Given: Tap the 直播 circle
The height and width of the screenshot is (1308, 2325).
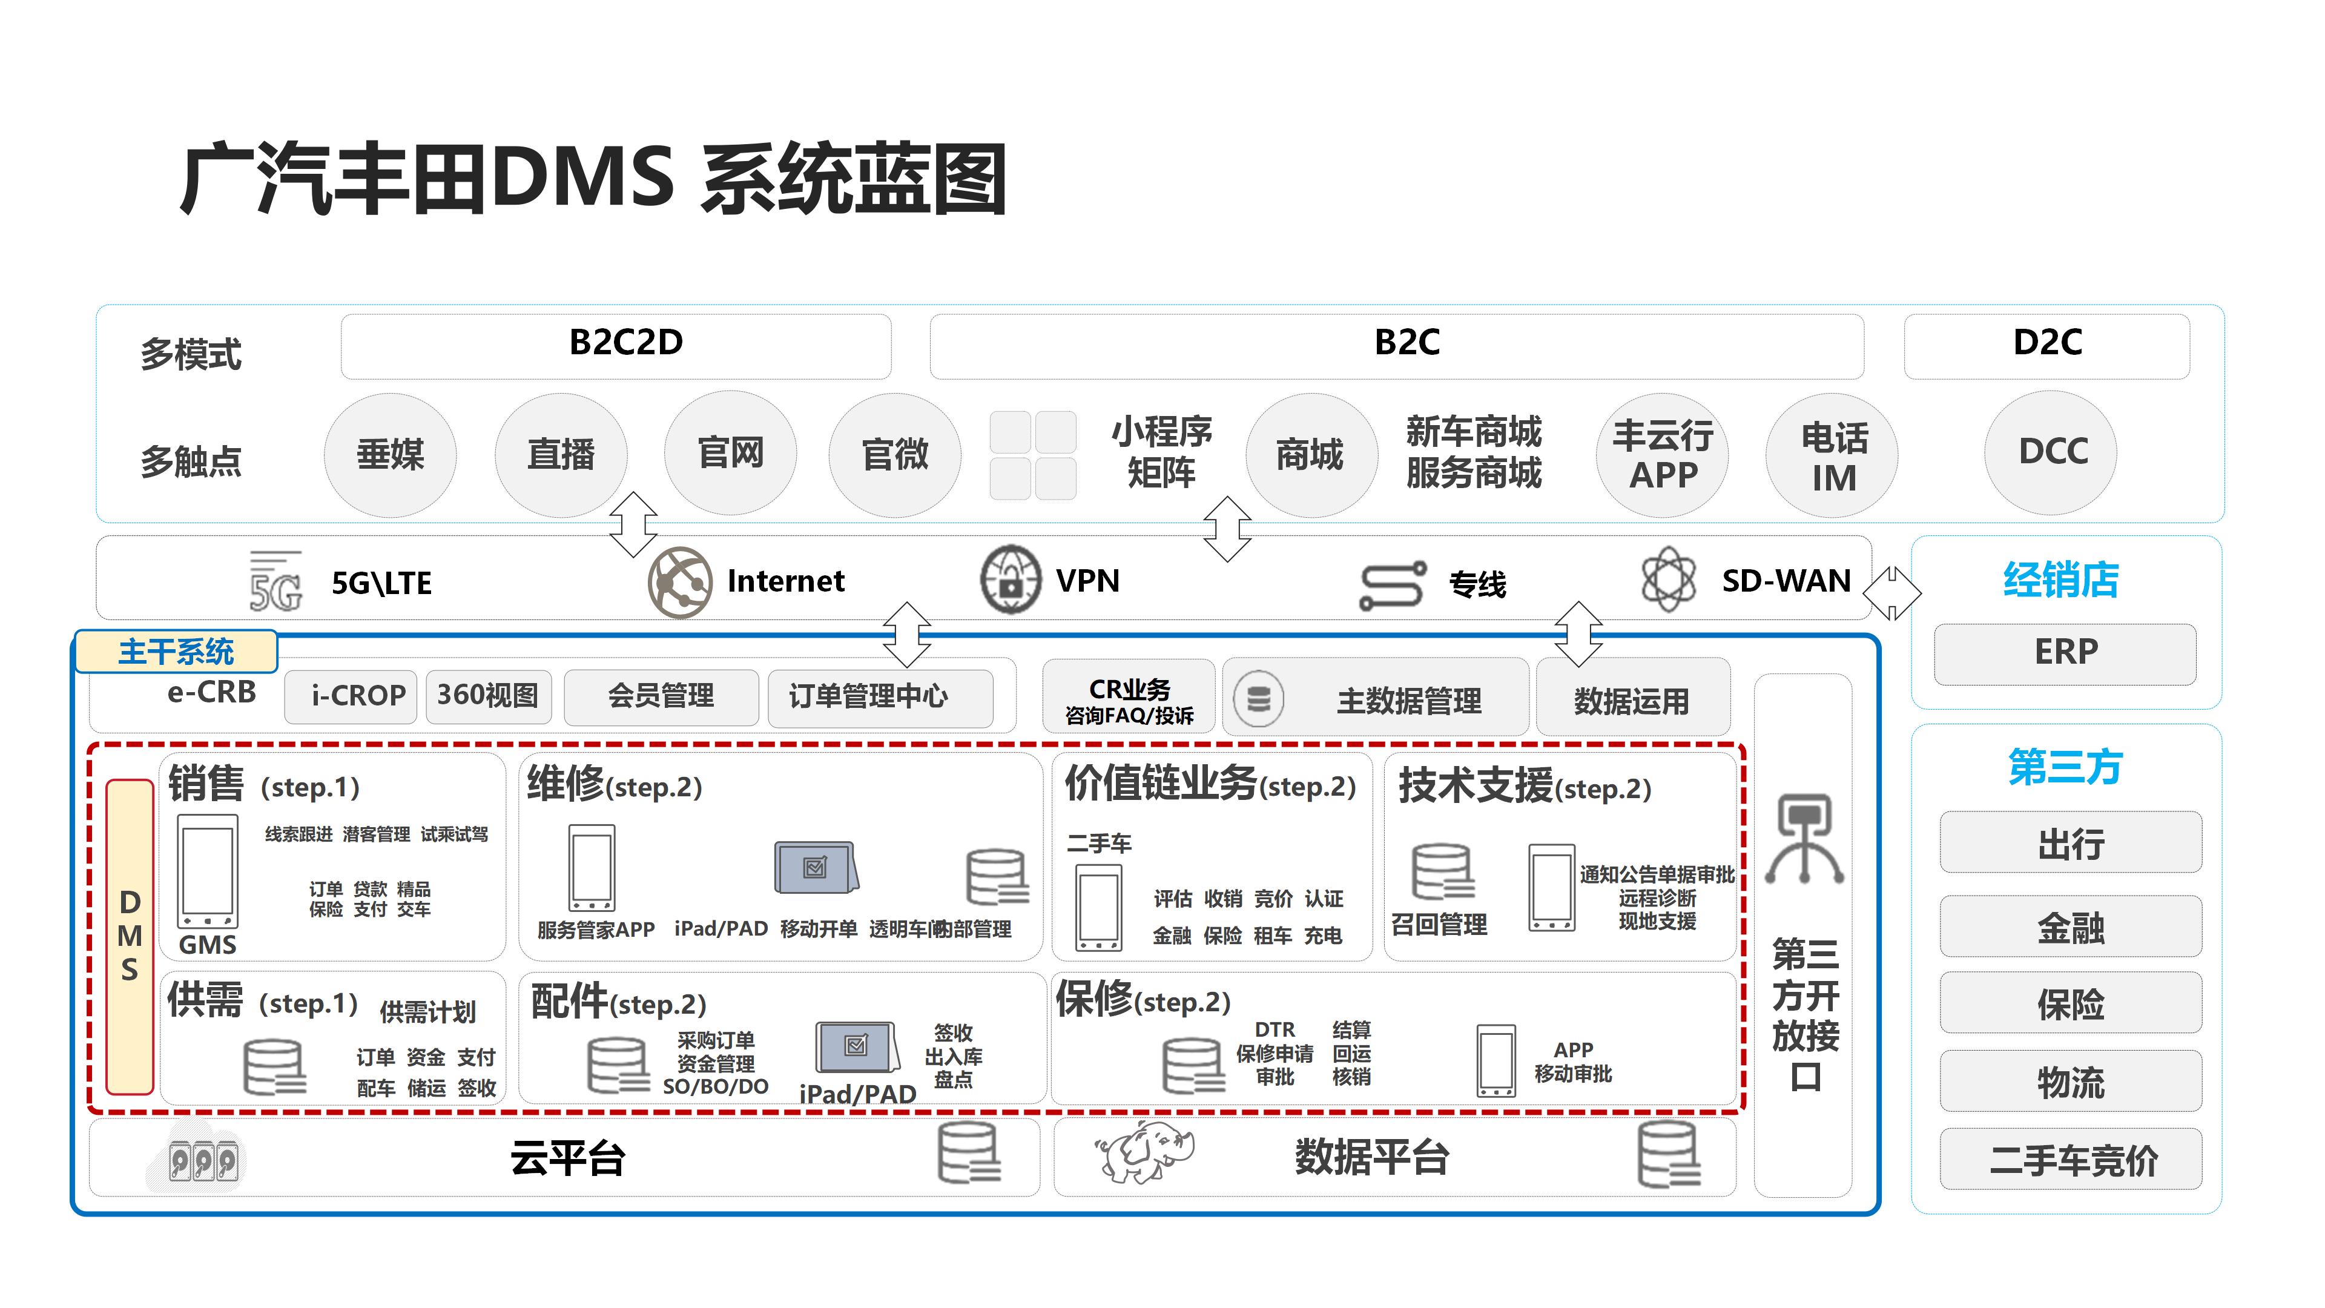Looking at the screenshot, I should pos(561,455).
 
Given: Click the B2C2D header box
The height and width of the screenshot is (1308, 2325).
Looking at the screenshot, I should pos(616,346).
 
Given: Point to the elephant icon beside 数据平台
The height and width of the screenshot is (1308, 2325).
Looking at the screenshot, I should pos(1144,1153).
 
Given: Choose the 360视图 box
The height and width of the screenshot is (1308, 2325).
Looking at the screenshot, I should pos(488,696).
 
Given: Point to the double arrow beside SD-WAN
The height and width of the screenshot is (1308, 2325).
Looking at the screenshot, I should pos(1891,593).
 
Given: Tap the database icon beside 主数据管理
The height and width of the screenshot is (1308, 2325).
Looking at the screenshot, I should pos(1258,699).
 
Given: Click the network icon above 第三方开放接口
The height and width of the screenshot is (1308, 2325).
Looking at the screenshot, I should pos(1802,839).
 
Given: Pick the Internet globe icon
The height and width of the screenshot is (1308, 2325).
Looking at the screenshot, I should pos(679,581).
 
